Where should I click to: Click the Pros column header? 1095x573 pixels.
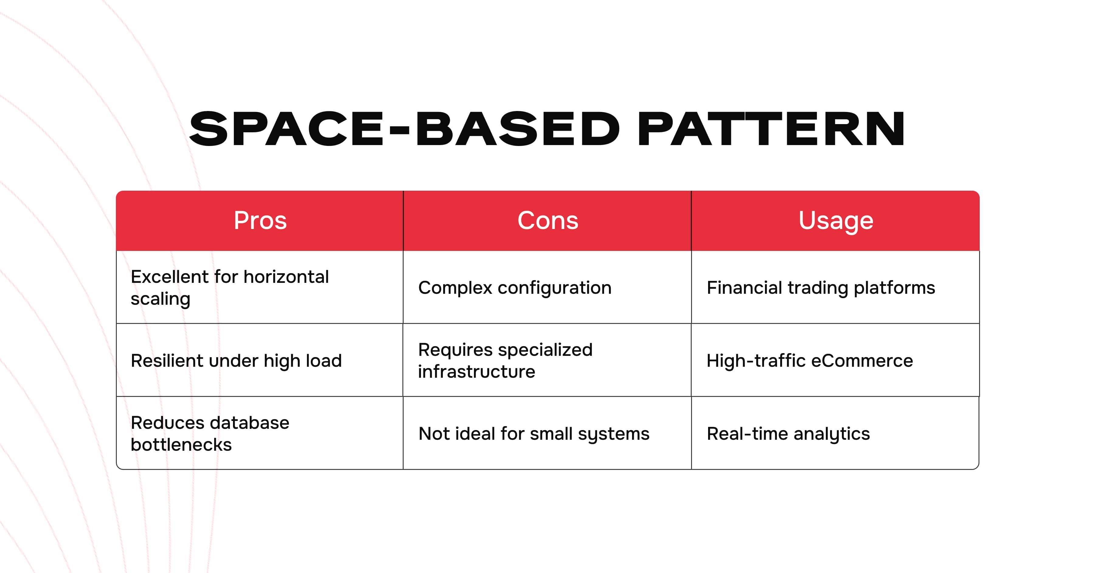pyautogui.click(x=260, y=221)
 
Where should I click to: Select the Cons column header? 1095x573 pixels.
pyautogui.click(x=547, y=221)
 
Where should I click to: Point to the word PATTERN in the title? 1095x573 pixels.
pyautogui.click(x=771, y=129)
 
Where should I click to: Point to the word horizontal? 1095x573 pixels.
pyautogui.click(x=287, y=277)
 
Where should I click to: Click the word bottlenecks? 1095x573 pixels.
pyautogui.click(x=181, y=445)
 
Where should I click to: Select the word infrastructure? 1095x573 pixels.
pyautogui.click(x=477, y=372)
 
